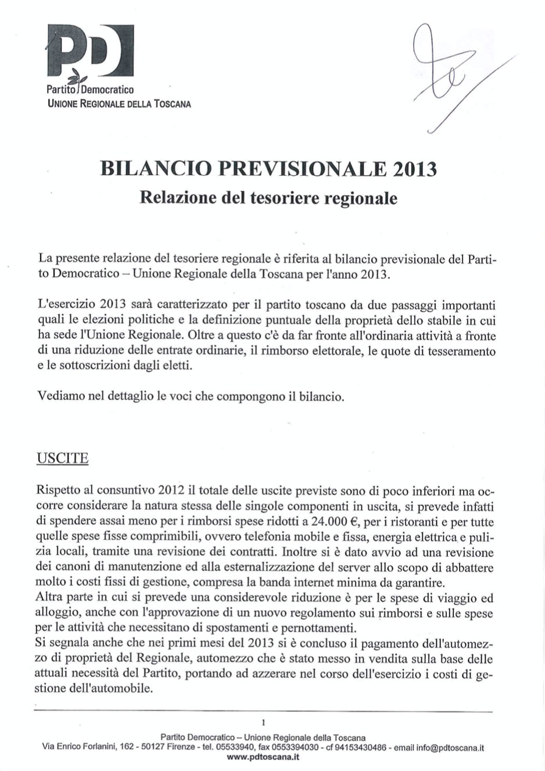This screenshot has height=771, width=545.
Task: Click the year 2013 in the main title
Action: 414,169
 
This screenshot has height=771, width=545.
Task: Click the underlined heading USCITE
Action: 62,458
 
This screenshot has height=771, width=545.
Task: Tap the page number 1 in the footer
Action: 263,722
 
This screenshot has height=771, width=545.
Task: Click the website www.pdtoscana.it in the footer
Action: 263,757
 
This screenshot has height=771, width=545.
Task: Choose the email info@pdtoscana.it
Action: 450,748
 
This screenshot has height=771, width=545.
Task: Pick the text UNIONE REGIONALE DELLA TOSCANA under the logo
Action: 119,104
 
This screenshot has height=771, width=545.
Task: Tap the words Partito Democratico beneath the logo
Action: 90,90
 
